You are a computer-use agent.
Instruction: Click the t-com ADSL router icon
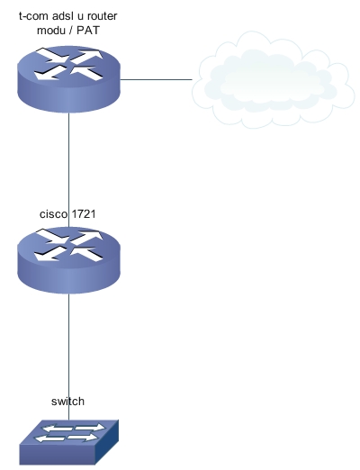[x=68, y=79]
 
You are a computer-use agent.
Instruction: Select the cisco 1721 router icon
[x=68, y=260]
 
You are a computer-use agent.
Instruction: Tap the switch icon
[x=69, y=442]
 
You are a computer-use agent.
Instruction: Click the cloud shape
[x=273, y=80]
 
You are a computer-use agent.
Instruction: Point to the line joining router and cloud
[x=156, y=79]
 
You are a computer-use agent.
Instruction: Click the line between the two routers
[x=69, y=170]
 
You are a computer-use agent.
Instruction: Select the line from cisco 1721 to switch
[x=69, y=357]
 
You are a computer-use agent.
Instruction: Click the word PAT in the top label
[x=88, y=31]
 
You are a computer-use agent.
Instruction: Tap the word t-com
[x=34, y=16]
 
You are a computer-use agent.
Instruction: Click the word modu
[x=51, y=31]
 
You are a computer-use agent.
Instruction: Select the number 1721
[x=84, y=214]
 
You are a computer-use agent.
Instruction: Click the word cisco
[x=54, y=214]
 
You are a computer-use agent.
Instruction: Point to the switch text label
[x=67, y=402]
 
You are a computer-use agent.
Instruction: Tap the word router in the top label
[x=102, y=16]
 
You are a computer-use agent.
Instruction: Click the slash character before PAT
[x=71, y=31]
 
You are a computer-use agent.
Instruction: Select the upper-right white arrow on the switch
[x=90, y=427]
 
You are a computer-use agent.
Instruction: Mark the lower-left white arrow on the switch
[x=50, y=438]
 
